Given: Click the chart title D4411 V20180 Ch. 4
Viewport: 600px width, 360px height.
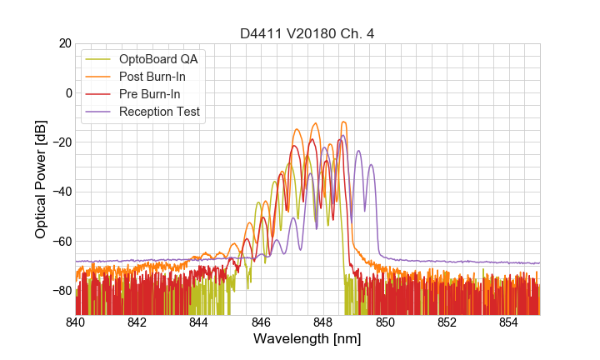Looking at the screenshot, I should pyautogui.click(x=307, y=33).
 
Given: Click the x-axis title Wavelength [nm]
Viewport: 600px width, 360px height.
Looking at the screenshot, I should pyautogui.click(x=307, y=339).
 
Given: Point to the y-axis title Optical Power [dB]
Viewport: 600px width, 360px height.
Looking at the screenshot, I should pyautogui.click(x=41, y=179).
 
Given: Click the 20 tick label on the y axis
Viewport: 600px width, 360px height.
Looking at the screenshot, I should pyautogui.click(x=64, y=43).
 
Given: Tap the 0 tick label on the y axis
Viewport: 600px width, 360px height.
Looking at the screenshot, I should pyautogui.click(x=68, y=92).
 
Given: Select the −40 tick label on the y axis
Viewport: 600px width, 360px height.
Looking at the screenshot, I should pyautogui.click(x=61, y=192).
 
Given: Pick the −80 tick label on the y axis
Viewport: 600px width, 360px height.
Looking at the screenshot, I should pyautogui.click(x=61, y=291).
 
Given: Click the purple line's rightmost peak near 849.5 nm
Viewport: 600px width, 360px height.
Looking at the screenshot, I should pyautogui.click(x=371, y=165).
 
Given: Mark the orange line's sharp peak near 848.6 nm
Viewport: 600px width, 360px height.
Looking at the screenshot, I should pyautogui.click(x=342, y=122).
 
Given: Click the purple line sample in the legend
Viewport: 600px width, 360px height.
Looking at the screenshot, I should pyautogui.click(x=99, y=112).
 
